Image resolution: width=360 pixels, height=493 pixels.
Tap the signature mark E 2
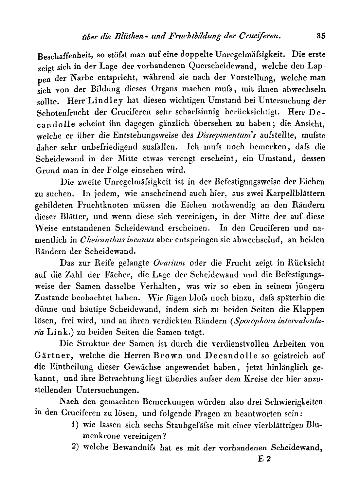tap(265, 459)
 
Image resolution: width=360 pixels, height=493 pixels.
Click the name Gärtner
tap(52, 355)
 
